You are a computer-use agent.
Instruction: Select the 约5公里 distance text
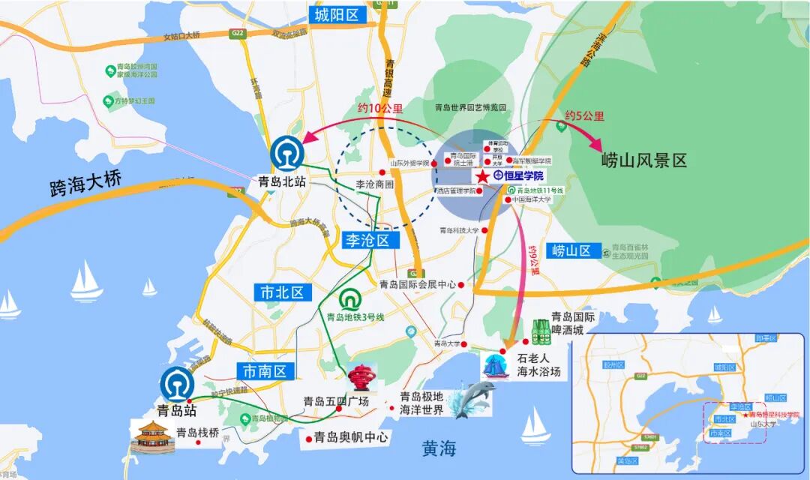(x=584, y=116)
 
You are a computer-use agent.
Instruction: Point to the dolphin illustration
(x=471, y=399)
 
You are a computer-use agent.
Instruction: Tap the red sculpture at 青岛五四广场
(x=362, y=378)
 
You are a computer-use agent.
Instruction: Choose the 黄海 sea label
(x=439, y=448)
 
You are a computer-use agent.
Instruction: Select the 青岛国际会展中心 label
(x=418, y=284)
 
